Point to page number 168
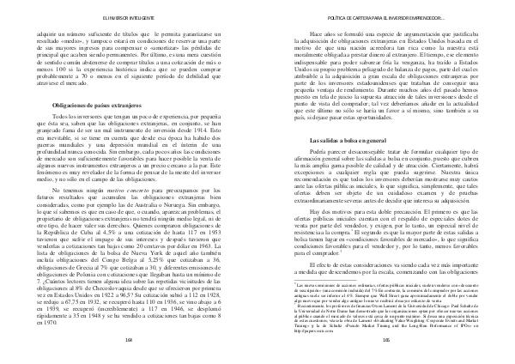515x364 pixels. [126, 341]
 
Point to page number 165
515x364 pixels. [388, 341]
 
